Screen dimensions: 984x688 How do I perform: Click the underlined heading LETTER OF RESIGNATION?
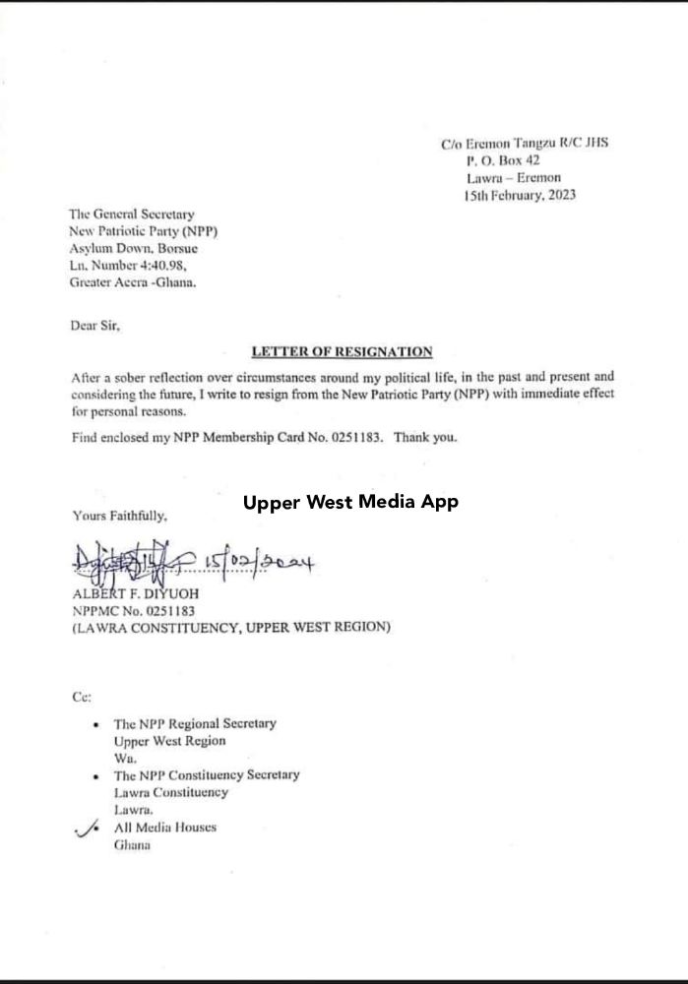pyautogui.click(x=342, y=351)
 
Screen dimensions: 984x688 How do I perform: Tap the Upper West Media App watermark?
pyautogui.click(x=350, y=502)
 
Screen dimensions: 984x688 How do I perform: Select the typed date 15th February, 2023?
pyautogui.click(x=520, y=196)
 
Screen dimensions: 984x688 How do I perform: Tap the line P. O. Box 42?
pyautogui.click(x=503, y=160)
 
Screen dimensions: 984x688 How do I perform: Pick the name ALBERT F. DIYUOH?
pyautogui.click(x=135, y=593)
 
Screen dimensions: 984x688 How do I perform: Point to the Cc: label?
pyautogui.click(x=82, y=697)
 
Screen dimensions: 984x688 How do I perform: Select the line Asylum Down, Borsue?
pyautogui.click(x=133, y=249)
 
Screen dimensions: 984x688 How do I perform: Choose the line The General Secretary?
pyautogui.click(x=131, y=214)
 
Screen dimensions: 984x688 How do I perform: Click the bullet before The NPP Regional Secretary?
pyautogui.click(x=94, y=724)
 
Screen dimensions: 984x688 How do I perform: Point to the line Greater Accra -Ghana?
pyautogui.click(x=133, y=283)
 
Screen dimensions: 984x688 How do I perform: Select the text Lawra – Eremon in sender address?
pyautogui.click(x=514, y=178)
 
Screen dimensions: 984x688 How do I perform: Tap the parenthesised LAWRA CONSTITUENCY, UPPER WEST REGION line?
pyautogui.click(x=230, y=627)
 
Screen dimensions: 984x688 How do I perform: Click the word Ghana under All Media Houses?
pyautogui.click(x=132, y=846)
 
